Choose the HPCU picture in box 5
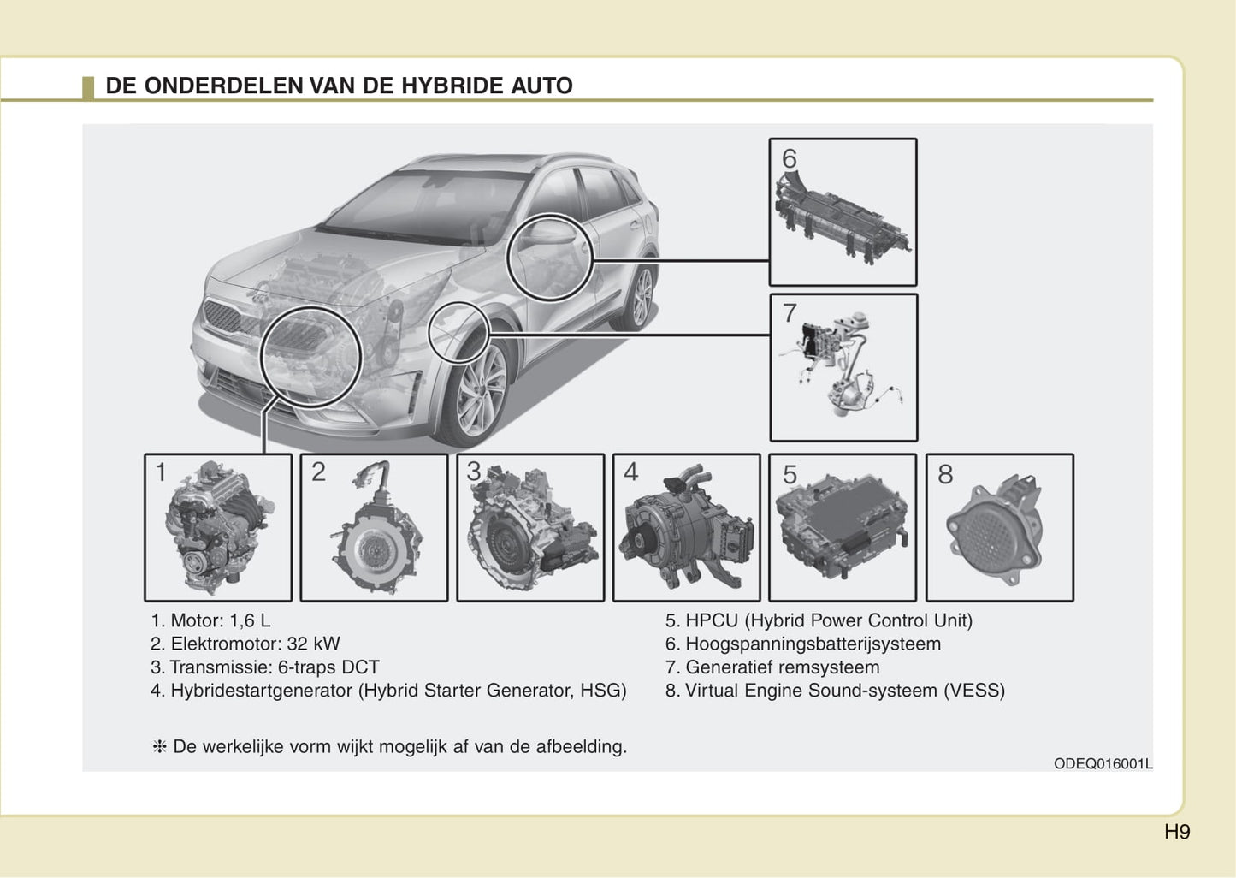point(842,526)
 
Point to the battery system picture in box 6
point(843,217)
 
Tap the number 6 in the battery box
point(790,159)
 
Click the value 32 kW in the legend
point(313,644)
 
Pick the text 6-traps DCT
point(328,667)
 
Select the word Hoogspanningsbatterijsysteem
point(813,644)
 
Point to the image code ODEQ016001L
point(1103,763)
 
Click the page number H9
point(1177,832)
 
